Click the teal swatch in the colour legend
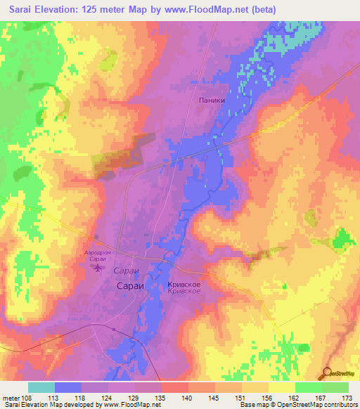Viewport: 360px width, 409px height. click(x=41, y=387)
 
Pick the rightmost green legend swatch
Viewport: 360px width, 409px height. click(x=335, y=387)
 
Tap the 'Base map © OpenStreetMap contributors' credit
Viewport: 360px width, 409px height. click(x=297, y=404)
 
